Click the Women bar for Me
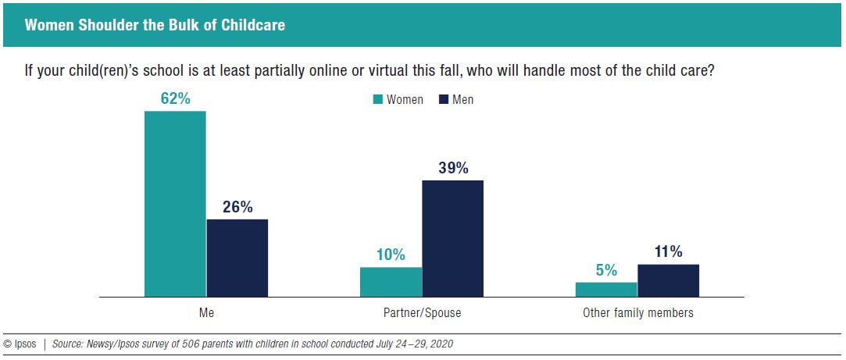coord(175,204)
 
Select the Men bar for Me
coord(237,258)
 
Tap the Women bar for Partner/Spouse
coord(391,282)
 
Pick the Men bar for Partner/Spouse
coord(452,238)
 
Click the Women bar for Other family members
coord(606,289)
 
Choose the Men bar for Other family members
coord(668,280)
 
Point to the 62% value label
coord(175,99)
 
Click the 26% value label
coord(237,207)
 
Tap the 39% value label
coord(452,168)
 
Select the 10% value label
coord(391,255)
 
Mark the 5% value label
coord(606,270)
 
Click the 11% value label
coord(668,251)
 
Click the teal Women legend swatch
coord(378,99)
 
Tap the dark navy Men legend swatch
coord(444,99)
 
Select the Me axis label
coord(206,313)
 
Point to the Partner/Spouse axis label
coord(422,313)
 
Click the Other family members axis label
coord(637,313)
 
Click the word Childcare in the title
coord(253,25)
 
